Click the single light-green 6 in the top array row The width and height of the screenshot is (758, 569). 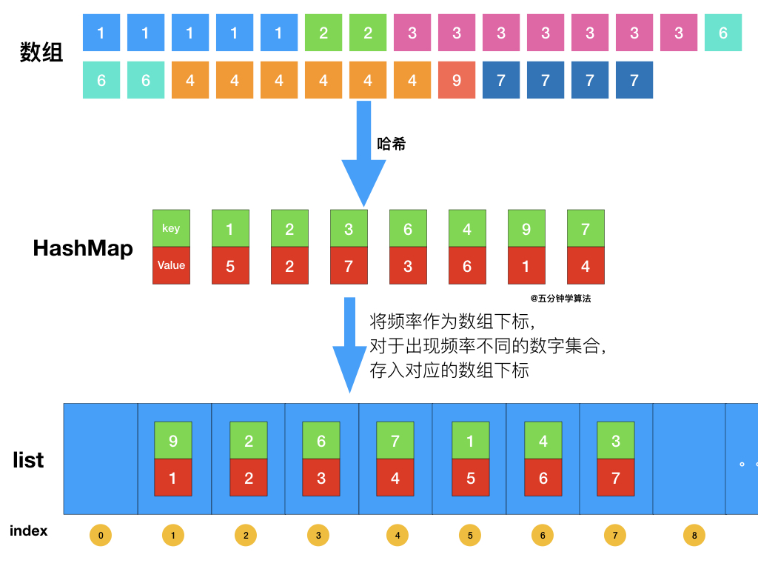[722, 33]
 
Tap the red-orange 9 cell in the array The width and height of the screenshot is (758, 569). [457, 80]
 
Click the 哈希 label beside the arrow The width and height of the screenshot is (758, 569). [392, 144]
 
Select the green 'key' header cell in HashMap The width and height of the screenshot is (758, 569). [171, 228]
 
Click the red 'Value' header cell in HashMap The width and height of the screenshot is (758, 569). [171, 265]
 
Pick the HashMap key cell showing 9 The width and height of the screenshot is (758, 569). [526, 228]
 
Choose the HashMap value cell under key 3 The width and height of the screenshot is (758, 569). [349, 265]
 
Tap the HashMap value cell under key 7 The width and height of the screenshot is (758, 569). [586, 265]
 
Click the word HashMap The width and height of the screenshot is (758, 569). [83, 248]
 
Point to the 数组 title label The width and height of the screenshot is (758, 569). [41, 53]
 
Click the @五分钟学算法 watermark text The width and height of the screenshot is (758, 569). [560, 299]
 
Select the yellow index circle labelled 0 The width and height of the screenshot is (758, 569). [100, 536]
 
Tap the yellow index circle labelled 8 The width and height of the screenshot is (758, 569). [694, 536]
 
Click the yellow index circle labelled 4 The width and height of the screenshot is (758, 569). [396, 536]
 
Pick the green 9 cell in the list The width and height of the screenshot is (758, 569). [173, 441]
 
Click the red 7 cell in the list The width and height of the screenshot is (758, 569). [616, 478]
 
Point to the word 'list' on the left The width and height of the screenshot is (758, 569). [28, 460]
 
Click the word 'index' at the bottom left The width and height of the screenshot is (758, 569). [28, 530]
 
